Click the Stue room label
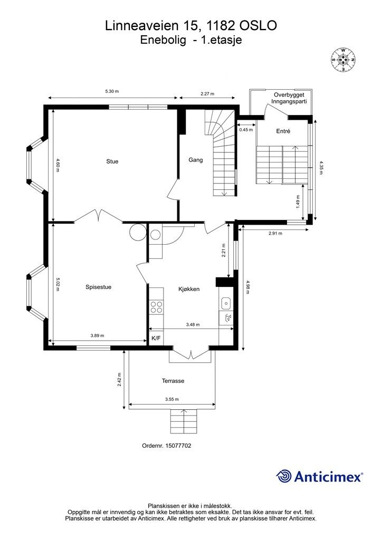[112, 161]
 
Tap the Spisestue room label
[99, 287]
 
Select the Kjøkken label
[189, 289]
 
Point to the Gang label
[195, 160]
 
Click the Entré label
[283, 131]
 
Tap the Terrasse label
[173, 381]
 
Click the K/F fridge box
[156, 338]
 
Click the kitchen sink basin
[226, 303]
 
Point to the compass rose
[343, 60]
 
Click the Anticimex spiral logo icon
[284, 476]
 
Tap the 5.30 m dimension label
[112, 91]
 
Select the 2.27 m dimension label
[207, 93]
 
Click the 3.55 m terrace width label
[172, 399]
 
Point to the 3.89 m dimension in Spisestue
[97, 335]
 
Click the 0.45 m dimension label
[246, 130]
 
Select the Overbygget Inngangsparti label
[289, 98]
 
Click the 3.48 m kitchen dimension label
[193, 324]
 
